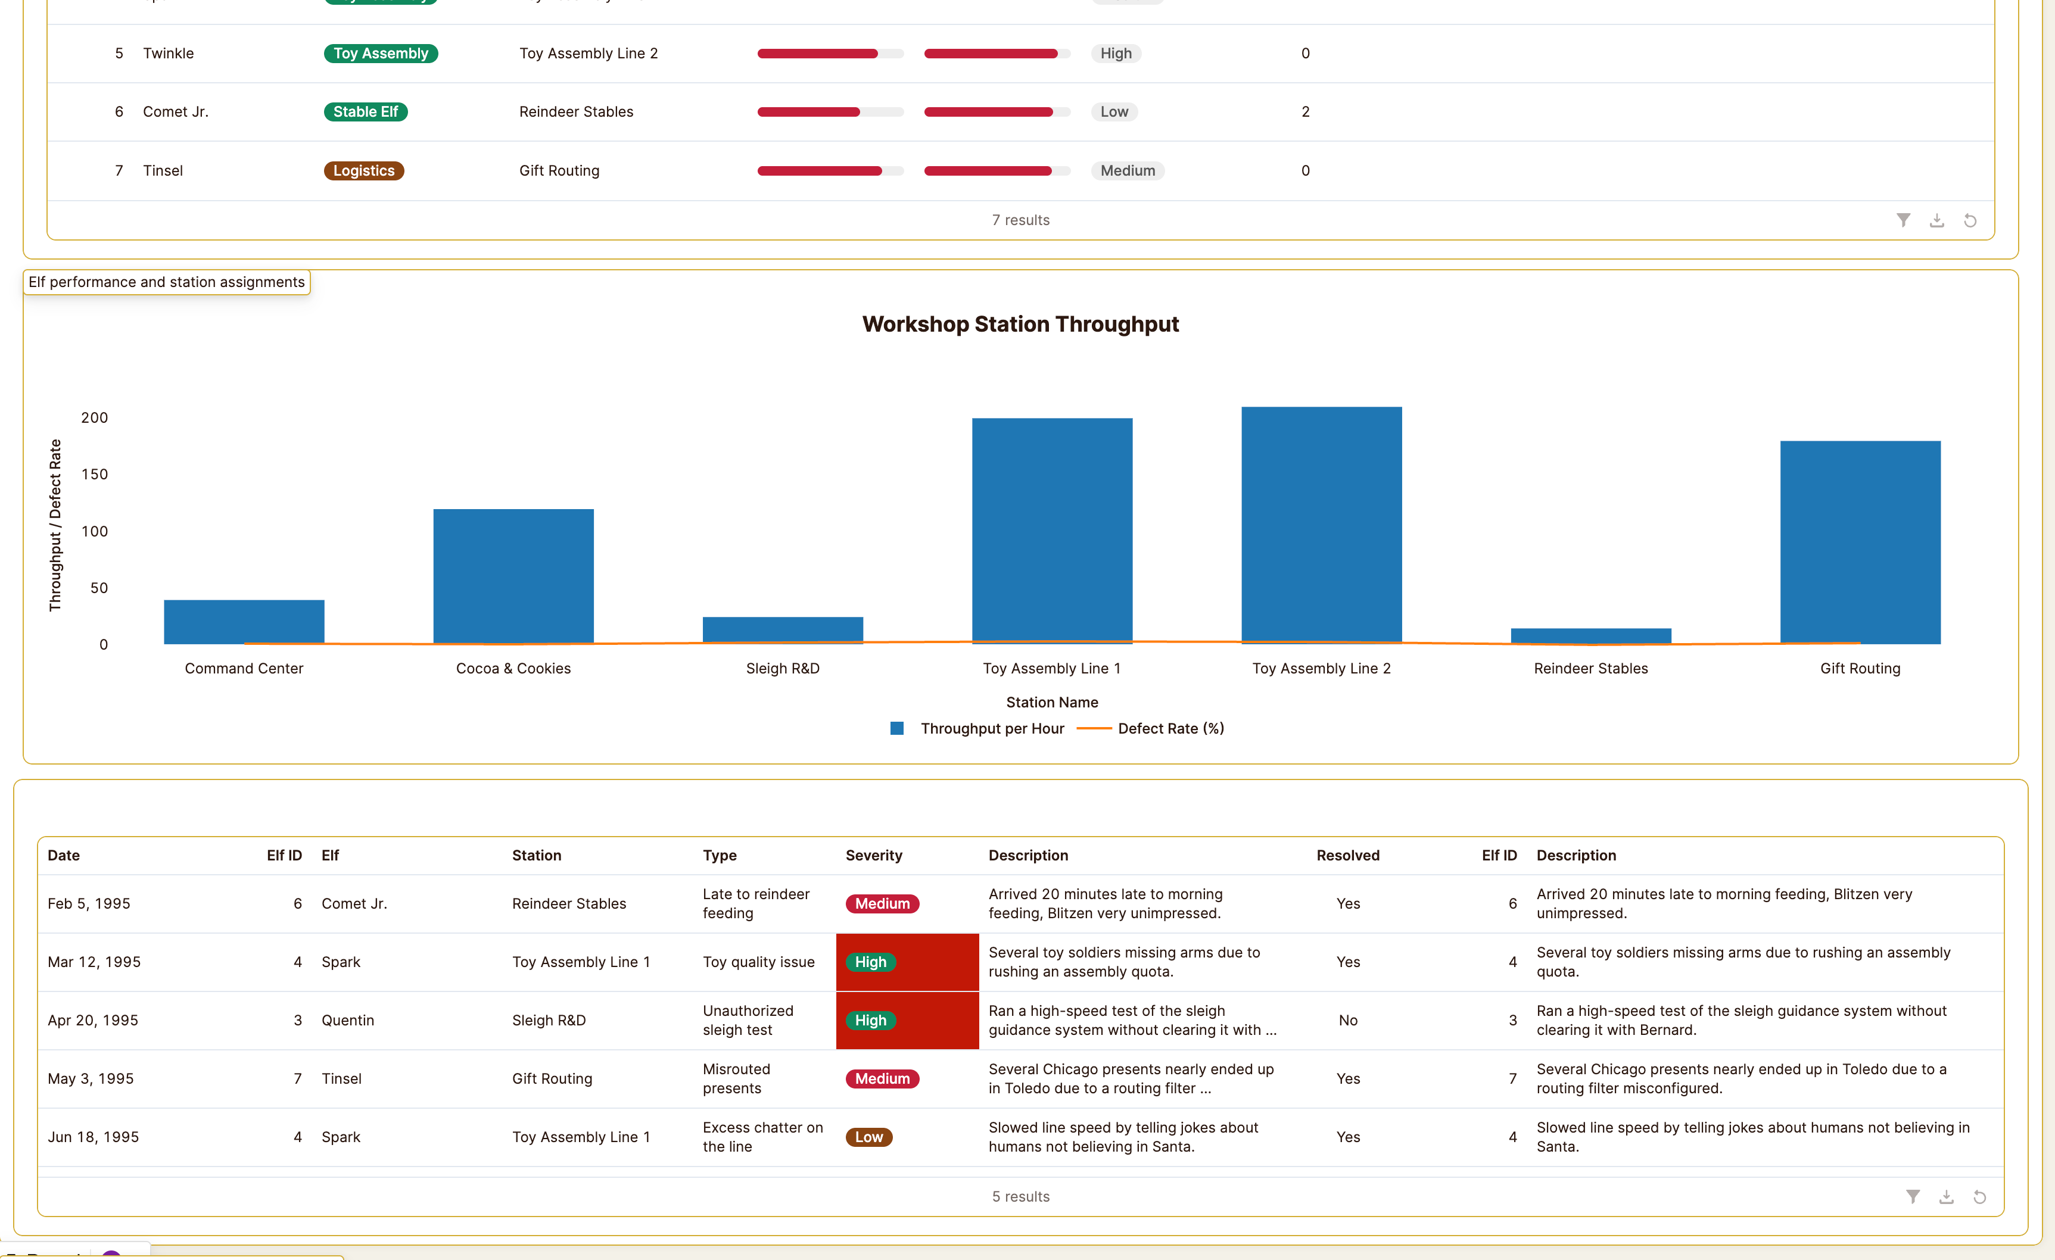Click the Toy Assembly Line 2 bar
(x=1321, y=525)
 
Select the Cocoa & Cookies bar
(x=513, y=575)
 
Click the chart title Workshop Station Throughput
(x=1020, y=325)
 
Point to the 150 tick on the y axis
(x=94, y=475)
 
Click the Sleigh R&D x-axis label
(x=782, y=669)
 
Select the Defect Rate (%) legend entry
(x=1170, y=729)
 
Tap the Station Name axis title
(x=1052, y=702)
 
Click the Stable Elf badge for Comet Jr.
(x=365, y=112)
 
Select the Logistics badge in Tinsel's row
(x=363, y=171)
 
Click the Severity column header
(x=873, y=856)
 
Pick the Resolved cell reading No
(x=1348, y=1021)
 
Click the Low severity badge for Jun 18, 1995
(x=868, y=1137)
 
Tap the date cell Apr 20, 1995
(x=92, y=1021)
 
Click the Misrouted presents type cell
(x=736, y=1079)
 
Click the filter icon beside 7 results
(x=1903, y=220)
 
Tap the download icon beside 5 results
(x=1946, y=1197)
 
